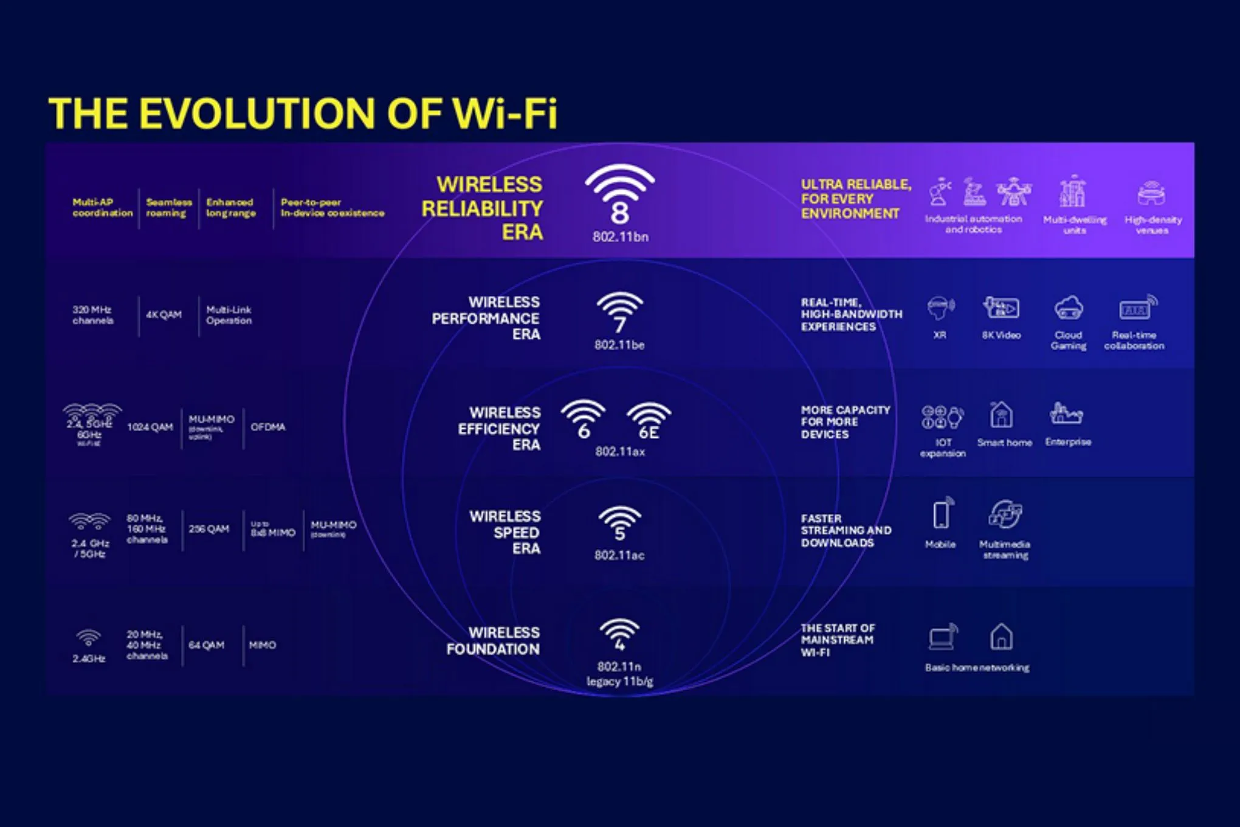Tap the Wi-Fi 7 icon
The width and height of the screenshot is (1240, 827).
pos(619,312)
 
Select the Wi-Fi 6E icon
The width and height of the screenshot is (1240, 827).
pos(649,420)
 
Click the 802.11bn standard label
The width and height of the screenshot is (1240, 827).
pos(620,237)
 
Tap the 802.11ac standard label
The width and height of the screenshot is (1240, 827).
pos(619,555)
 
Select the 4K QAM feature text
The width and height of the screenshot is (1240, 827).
pos(164,314)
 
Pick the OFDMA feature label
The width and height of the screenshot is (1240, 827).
pos(268,427)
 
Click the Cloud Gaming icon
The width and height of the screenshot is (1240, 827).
pos(1068,308)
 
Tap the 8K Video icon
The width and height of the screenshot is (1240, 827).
pos(1001,308)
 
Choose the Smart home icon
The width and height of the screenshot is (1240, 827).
pos(1001,415)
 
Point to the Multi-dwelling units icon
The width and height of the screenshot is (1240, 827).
pos(1073,192)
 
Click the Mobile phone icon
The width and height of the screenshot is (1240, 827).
pos(942,514)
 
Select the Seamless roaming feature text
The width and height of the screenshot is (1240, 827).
pos(168,207)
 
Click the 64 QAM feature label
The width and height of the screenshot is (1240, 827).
pos(206,645)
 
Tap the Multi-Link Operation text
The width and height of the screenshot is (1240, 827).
pos(229,315)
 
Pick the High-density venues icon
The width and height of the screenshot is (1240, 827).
pos(1151,193)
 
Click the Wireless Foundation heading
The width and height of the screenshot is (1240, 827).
pos(493,641)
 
